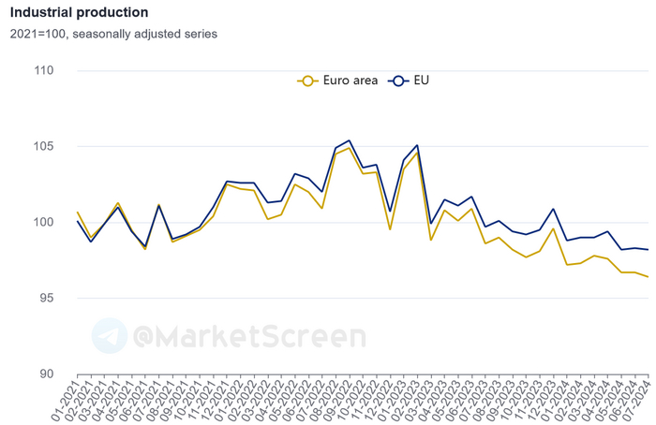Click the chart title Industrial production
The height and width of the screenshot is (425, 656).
pos(79,13)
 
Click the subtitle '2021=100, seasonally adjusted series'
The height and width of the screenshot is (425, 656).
pos(113,34)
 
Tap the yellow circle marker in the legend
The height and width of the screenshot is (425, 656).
pos(306,81)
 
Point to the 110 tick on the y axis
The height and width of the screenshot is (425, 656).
pos(42,71)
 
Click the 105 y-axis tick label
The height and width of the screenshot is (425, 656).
pos(42,147)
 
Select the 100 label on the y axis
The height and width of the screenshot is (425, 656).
pos(42,223)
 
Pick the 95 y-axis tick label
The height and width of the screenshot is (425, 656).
pos(46,299)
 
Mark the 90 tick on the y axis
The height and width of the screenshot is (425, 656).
pos(46,374)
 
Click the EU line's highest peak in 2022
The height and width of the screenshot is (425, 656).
pos(350,140)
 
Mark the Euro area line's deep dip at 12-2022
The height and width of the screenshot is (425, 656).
pos(390,229)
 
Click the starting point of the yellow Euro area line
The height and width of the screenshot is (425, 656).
pos(77,212)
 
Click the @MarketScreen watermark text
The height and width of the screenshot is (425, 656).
pos(248,336)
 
